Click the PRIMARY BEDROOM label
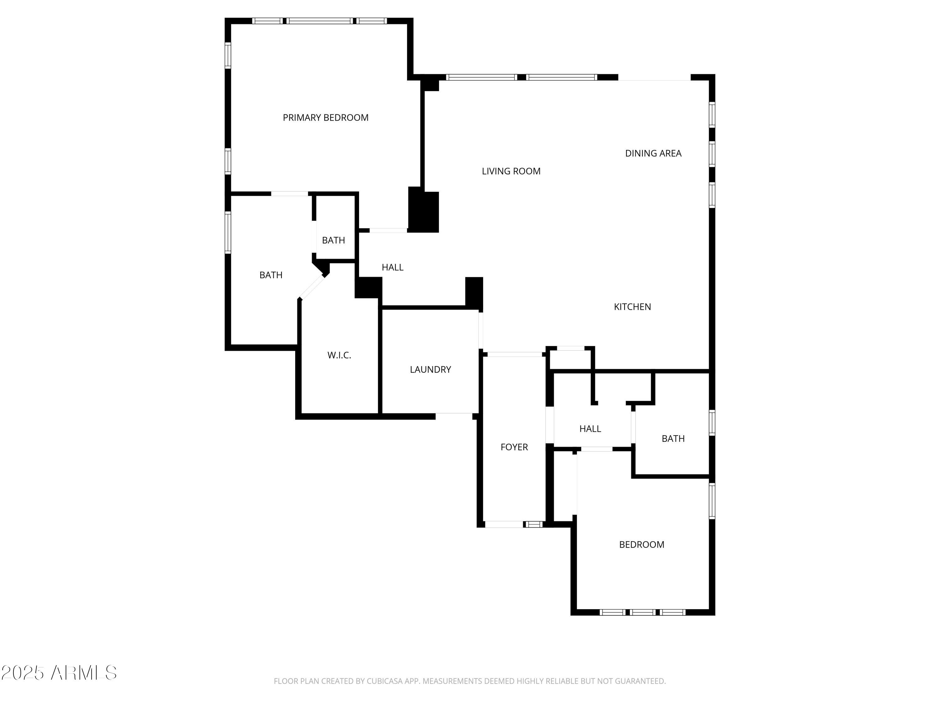pyautogui.click(x=326, y=118)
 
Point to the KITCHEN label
pyautogui.click(x=632, y=307)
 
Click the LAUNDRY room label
pyautogui.click(x=430, y=370)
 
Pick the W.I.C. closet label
pyautogui.click(x=339, y=355)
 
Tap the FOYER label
pyautogui.click(x=514, y=447)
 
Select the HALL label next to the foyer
pyautogui.click(x=590, y=429)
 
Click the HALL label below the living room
pyautogui.click(x=392, y=267)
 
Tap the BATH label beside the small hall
pyautogui.click(x=673, y=439)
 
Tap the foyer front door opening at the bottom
pyautogui.click(x=504, y=525)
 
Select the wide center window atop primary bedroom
pyautogui.click(x=320, y=21)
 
